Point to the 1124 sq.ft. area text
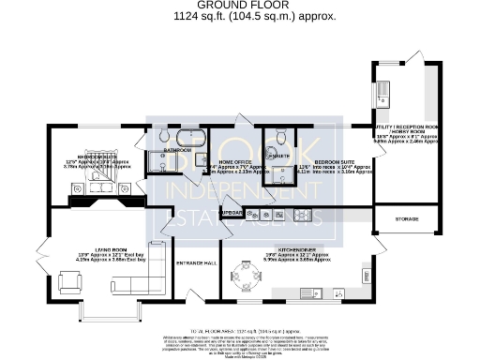point(240,17)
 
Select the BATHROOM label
point(177,150)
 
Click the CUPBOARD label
point(232,213)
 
